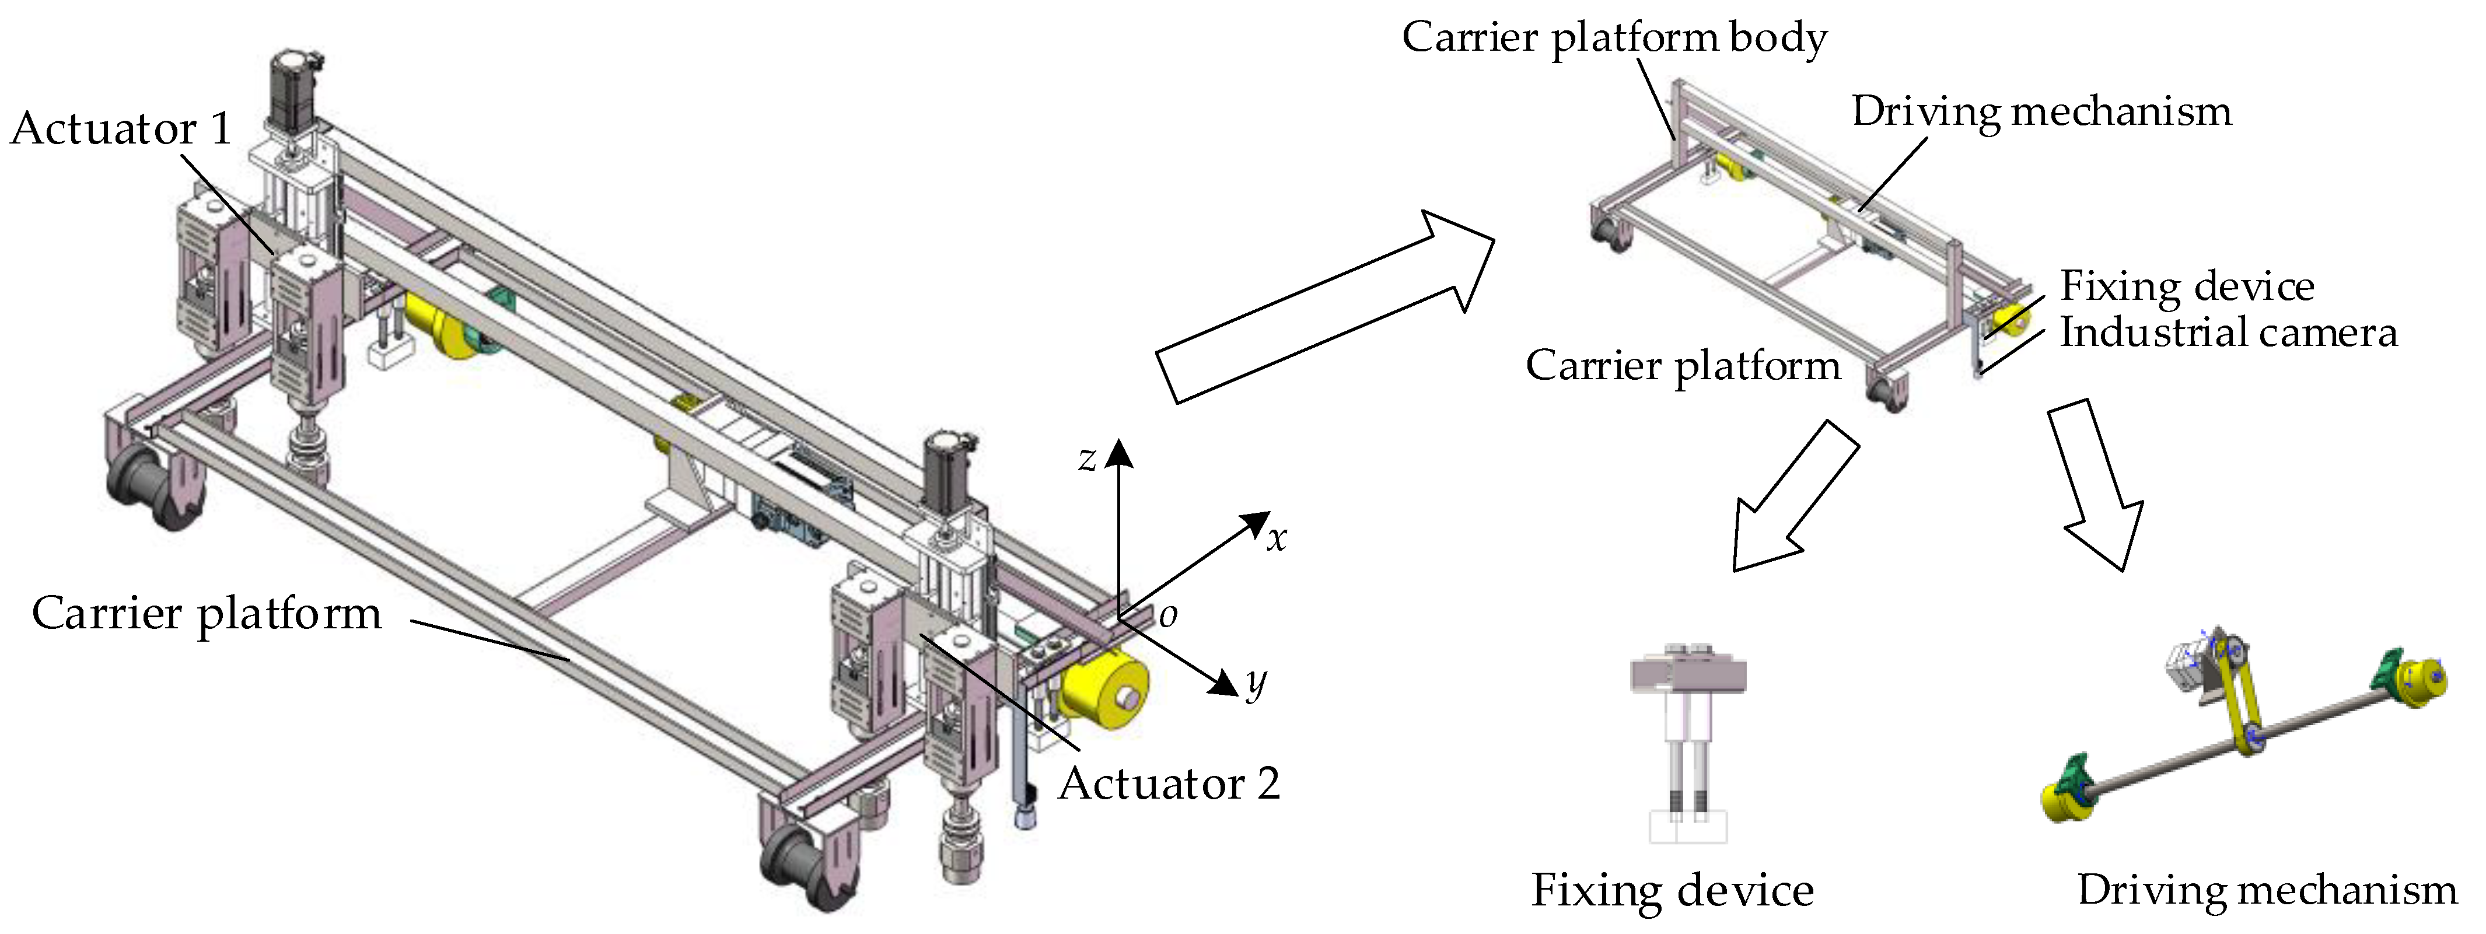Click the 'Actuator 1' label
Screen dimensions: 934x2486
pos(121,128)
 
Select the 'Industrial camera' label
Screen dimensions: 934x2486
pos(2228,333)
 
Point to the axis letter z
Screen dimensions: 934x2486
pos(1088,459)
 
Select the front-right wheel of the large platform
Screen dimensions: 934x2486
pos(801,863)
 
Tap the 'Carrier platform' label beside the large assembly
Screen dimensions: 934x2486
pos(207,614)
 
